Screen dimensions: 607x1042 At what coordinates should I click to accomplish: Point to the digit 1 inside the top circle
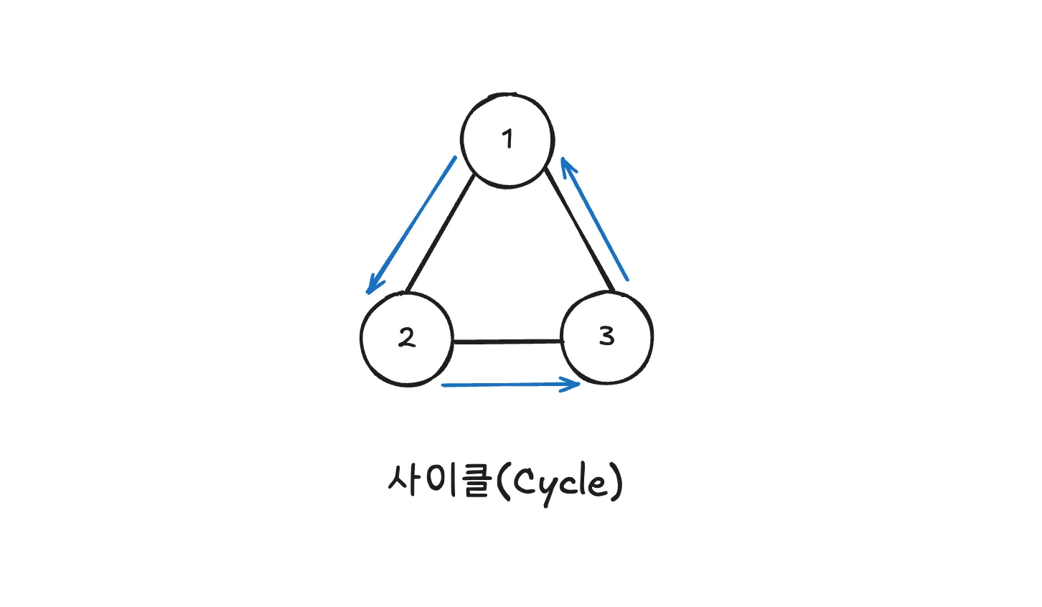click(508, 138)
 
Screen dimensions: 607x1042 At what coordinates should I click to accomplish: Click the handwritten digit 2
click(407, 337)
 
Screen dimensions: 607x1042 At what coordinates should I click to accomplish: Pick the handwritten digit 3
click(607, 335)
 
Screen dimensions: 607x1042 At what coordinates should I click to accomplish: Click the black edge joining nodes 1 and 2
click(440, 233)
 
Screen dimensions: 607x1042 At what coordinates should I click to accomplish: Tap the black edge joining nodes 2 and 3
click(507, 342)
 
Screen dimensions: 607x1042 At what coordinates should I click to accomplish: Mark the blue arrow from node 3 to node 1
click(596, 221)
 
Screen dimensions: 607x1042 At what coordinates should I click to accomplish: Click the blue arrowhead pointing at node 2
click(372, 286)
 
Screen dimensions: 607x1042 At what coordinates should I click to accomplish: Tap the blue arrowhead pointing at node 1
click(567, 166)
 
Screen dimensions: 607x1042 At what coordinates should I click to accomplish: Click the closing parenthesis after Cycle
click(616, 482)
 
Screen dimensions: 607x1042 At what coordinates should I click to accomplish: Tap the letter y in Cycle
click(547, 488)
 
